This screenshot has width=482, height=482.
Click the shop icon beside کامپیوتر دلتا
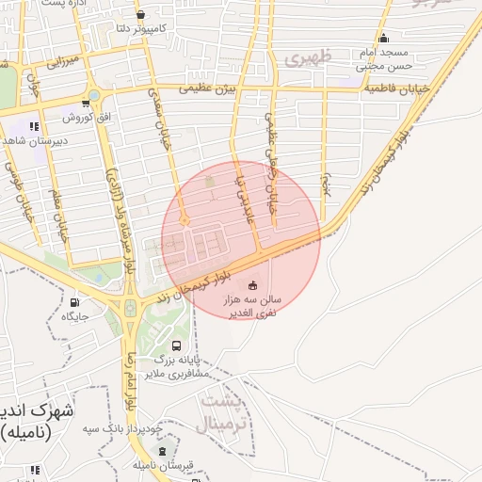140,15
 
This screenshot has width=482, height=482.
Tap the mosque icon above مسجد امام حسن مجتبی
383,39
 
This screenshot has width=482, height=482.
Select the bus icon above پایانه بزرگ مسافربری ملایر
177,345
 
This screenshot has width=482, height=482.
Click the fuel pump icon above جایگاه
74,302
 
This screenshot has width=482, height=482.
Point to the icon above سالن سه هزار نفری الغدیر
251,285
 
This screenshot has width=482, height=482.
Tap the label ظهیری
306,58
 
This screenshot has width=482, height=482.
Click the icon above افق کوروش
93,98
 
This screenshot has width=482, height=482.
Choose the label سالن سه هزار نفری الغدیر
252,304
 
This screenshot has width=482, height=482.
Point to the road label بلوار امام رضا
131,383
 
